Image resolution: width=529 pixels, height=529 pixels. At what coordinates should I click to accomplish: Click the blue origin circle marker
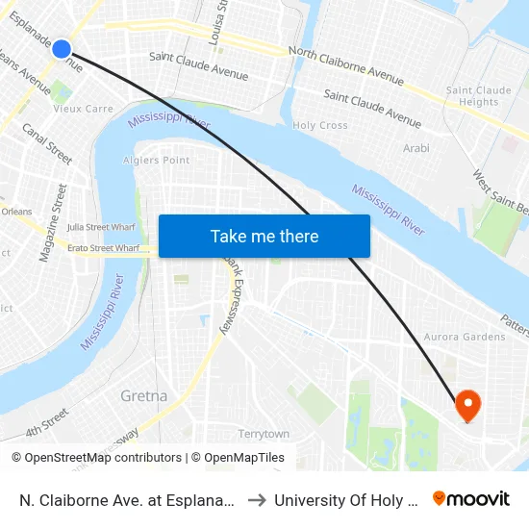[x=62, y=48]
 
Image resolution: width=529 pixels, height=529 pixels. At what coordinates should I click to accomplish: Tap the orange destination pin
[x=467, y=405]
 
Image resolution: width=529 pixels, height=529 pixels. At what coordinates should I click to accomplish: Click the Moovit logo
[x=471, y=499]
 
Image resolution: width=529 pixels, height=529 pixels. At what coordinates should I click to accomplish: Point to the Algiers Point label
[x=157, y=161]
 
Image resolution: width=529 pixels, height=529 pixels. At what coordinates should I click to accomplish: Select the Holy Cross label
[x=320, y=126]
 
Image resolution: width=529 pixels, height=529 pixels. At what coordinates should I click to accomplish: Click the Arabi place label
[x=416, y=148]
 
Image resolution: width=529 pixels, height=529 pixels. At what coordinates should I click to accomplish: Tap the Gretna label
[x=144, y=395]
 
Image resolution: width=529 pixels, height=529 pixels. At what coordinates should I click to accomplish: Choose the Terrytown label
[x=264, y=435]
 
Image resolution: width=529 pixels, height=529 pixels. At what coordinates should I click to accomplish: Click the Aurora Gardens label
[x=465, y=337]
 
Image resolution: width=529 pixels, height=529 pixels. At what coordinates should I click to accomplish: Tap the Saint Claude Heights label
[x=472, y=96]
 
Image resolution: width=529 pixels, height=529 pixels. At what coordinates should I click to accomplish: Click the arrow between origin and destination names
[x=258, y=500]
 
